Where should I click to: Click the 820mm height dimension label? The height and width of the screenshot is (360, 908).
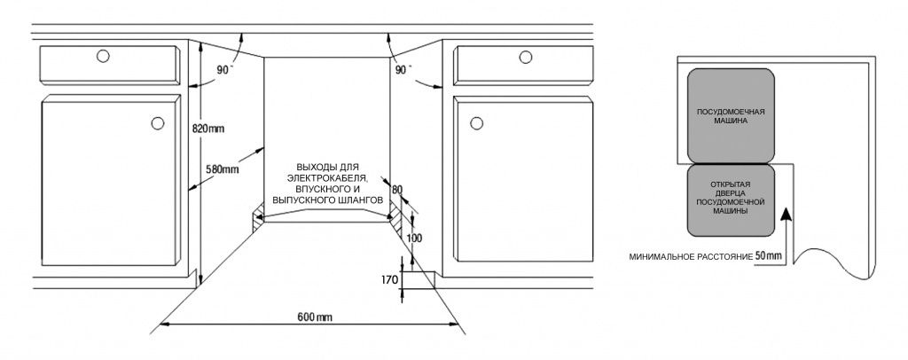coord(208,128)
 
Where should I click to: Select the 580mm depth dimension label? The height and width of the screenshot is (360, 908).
coord(222,169)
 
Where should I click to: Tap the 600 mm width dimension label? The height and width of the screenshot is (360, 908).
coord(315,317)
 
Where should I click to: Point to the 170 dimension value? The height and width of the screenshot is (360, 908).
coord(388,280)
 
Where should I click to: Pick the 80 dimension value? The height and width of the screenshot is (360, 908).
coord(395,189)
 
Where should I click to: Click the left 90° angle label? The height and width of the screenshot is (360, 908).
coord(227,69)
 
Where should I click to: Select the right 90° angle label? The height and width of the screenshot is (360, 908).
coord(403,69)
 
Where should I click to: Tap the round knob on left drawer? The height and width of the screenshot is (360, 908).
coord(102,57)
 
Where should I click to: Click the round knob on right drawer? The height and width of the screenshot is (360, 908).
coord(525,57)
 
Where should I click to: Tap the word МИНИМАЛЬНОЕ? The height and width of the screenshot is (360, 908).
coord(659,256)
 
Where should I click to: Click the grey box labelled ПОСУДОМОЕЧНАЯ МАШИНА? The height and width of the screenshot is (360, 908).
coord(730,116)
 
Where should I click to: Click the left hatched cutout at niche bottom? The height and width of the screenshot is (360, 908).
coord(257,216)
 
